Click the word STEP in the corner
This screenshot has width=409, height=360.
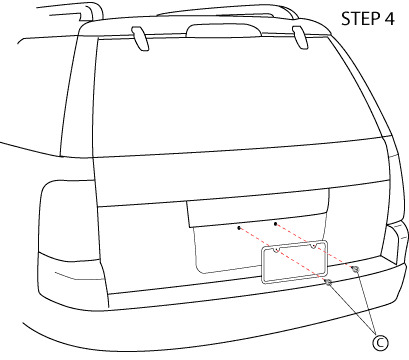click(x=356, y=18)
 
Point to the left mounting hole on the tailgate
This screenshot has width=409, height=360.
click(x=239, y=229)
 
